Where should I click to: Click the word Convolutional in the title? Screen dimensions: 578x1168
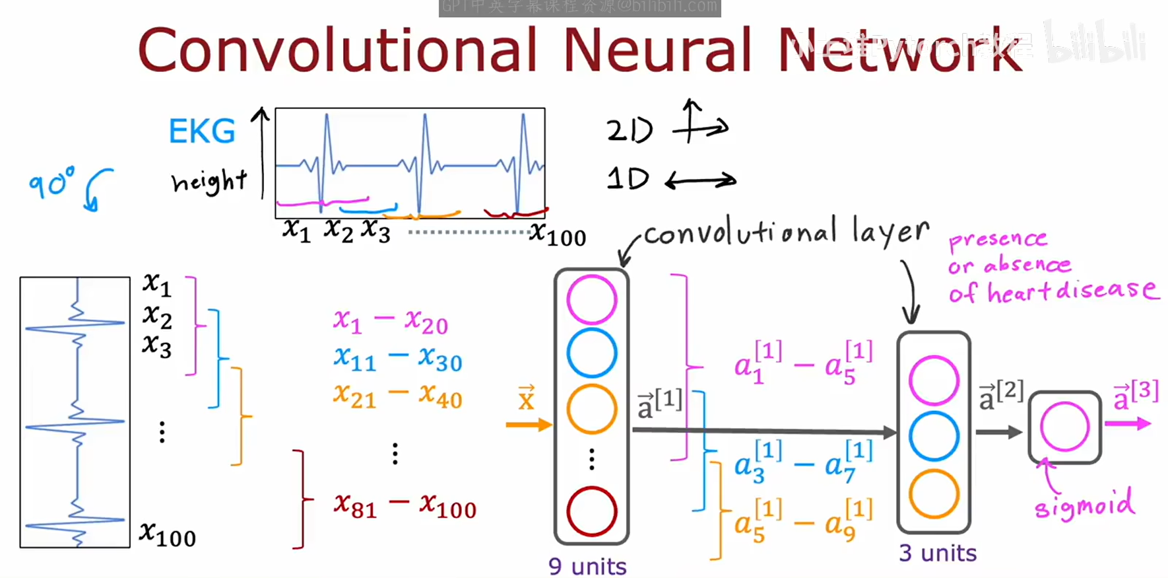click(337, 50)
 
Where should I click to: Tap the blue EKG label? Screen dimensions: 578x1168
click(202, 131)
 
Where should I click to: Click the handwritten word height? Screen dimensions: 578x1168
click(209, 181)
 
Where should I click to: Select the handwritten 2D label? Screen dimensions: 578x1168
click(630, 129)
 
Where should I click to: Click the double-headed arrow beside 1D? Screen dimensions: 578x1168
click(700, 180)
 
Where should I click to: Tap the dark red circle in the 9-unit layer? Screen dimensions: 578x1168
click(591, 511)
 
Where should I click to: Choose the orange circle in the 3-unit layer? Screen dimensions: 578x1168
click(933, 493)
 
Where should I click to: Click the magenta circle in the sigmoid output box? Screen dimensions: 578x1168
click(1064, 427)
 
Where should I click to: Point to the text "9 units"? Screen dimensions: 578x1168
click(587, 566)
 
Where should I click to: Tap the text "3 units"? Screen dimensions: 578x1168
click(937, 552)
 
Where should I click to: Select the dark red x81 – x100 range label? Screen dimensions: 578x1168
click(405, 506)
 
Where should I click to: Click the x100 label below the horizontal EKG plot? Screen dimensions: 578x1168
click(558, 234)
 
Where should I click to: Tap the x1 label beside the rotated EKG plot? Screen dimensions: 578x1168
click(157, 284)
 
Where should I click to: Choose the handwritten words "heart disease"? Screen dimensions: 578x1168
click(1072, 291)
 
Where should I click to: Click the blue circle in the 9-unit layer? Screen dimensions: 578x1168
click(591, 353)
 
